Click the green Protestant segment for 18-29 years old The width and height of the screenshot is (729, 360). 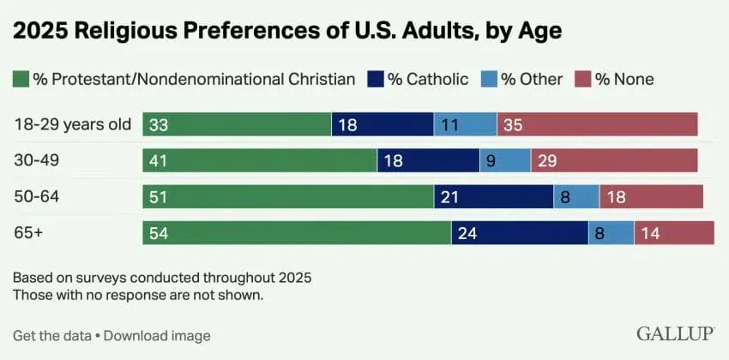[237, 124]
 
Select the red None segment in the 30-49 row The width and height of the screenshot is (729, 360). [614, 160]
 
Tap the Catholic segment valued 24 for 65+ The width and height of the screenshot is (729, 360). [520, 233]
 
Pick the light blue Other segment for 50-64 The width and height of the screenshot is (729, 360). [576, 197]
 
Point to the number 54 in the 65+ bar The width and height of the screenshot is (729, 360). [158, 233]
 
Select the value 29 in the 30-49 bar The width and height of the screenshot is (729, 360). [546, 160]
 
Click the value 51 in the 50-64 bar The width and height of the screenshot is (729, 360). [158, 197]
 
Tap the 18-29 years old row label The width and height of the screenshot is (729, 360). [73, 124]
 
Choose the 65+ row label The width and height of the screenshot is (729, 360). [29, 233]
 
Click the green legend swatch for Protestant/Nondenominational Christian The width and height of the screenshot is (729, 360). [21, 80]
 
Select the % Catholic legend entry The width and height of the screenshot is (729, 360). [426, 80]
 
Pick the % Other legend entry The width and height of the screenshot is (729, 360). [531, 80]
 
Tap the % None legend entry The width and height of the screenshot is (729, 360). [623, 80]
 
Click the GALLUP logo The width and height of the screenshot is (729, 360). [676, 333]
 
